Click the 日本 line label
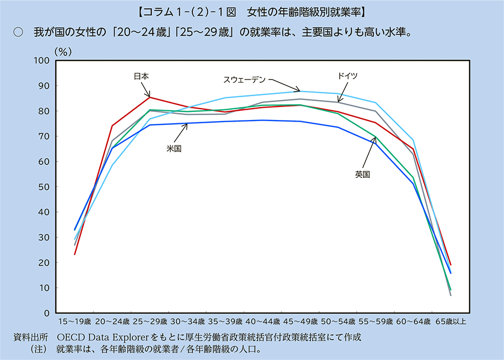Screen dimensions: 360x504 (142, 77)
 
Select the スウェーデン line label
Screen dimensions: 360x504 (245, 79)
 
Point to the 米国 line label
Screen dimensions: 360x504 (174, 148)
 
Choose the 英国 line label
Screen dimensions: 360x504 (362, 174)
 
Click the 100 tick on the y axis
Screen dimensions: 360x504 (42, 60)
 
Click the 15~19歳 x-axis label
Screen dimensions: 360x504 (75, 322)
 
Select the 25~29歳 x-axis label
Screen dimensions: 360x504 (150, 322)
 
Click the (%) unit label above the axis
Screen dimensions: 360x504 (63, 51)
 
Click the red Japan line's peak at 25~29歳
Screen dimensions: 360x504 (150, 97)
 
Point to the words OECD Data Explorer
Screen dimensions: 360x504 (103, 337)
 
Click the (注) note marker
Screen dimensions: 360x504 (39, 349)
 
